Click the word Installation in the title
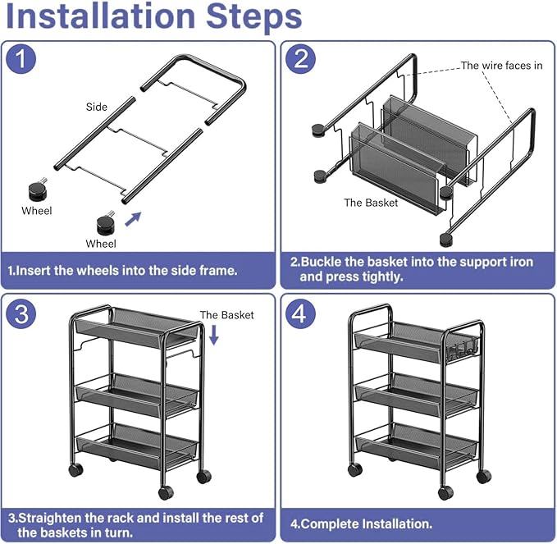[x=101, y=16]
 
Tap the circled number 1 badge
[x=21, y=58]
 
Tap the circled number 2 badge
[x=300, y=58]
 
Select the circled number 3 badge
[x=21, y=313]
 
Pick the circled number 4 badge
[x=300, y=313]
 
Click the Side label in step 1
[x=97, y=107]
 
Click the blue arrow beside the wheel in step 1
[x=134, y=218]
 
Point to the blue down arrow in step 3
[x=213, y=335]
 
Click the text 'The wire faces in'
[x=501, y=66]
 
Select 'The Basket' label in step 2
[x=371, y=203]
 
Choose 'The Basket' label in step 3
[x=226, y=315]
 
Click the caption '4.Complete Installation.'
[x=361, y=523]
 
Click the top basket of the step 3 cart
[x=136, y=328]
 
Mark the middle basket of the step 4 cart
[x=417, y=395]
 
